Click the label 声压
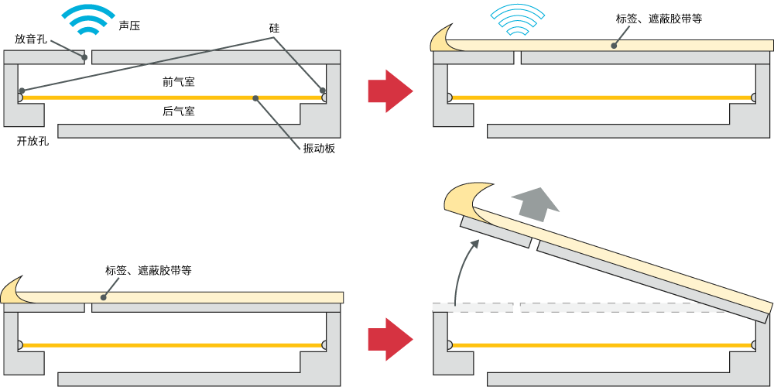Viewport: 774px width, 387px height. pos(129,26)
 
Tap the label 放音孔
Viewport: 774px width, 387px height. pos(31,38)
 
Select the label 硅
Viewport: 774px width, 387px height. pos(273,28)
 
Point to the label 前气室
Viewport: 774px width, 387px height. pos(178,81)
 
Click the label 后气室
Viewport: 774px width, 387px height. pos(178,111)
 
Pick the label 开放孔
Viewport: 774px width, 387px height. pos(33,141)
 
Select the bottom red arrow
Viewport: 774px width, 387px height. pos(389,339)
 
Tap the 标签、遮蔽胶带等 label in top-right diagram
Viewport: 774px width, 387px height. pos(659,19)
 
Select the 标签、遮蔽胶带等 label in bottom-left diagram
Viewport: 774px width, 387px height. pos(149,271)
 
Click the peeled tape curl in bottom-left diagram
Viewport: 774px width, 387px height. pos(15,289)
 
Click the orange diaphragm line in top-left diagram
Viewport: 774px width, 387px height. pos(170,98)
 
